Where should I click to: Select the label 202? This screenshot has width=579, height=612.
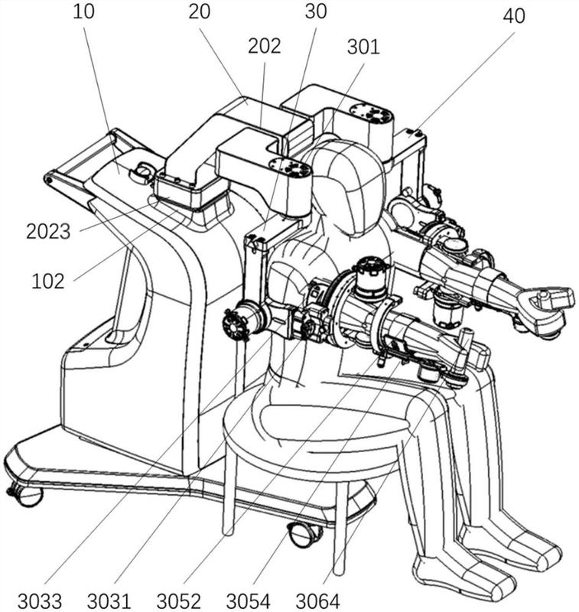[265, 45]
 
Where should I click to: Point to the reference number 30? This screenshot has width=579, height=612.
[315, 11]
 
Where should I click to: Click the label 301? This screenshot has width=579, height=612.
[363, 47]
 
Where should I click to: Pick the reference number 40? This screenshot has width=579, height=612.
[514, 15]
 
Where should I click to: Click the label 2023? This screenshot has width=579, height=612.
[47, 231]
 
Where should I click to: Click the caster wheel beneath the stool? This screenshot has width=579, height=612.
[303, 533]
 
